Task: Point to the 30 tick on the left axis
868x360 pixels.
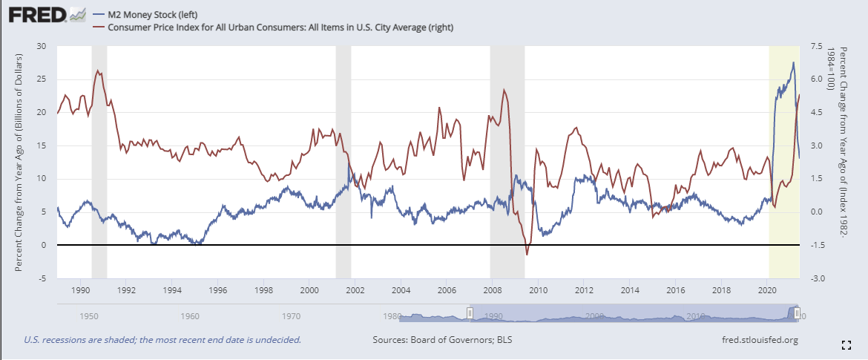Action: (42, 46)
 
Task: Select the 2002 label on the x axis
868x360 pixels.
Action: (355, 290)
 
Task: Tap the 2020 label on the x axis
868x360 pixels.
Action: (767, 290)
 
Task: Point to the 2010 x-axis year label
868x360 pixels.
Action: (538, 290)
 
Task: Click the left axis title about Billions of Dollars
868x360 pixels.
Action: (20, 162)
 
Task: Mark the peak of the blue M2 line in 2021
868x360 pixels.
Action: (793, 63)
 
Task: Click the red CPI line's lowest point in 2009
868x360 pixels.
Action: (527, 254)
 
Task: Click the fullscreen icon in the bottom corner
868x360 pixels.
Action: (846, 344)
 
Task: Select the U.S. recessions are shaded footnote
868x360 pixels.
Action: (162, 341)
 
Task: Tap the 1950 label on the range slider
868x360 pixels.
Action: (89, 316)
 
